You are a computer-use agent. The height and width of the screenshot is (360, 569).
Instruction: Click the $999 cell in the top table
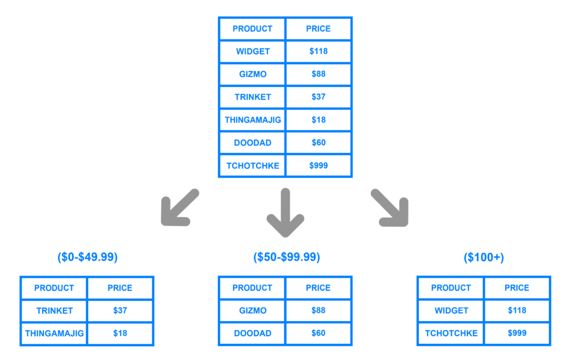(x=318, y=166)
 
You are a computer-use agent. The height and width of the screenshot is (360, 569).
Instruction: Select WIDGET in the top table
(x=253, y=52)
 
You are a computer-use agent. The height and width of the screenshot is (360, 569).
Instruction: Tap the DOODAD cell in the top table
(x=253, y=143)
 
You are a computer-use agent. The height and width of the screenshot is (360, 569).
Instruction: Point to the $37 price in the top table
(x=318, y=97)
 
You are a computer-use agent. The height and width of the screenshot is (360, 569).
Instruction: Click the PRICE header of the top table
(x=318, y=29)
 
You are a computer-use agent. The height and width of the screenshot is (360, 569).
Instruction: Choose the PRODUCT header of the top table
(x=253, y=29)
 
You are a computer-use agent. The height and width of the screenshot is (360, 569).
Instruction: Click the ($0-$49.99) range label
(x=87, y=257)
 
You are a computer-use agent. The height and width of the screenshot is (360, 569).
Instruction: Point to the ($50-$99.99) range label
(x=287, y=257)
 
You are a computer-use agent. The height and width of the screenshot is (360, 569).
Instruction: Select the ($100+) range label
(x=484, y=257)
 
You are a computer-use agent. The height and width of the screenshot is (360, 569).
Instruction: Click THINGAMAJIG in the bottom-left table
(x=54, y=333)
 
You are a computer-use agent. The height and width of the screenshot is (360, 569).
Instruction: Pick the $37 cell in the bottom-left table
(x=120, y=311)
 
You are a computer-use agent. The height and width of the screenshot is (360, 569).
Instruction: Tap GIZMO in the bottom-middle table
(x=253, y=311)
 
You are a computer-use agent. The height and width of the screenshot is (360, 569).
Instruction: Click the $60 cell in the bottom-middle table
(x=318, y=333)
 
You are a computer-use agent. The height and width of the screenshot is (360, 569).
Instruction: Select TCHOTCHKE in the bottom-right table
(x=451, y=333)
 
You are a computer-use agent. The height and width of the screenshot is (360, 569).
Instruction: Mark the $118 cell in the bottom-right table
(x=517, y=311)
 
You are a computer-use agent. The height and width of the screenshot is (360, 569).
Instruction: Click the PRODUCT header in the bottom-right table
(x=451, y=288)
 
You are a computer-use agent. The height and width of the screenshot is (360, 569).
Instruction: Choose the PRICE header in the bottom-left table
(x=120, y=288)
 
